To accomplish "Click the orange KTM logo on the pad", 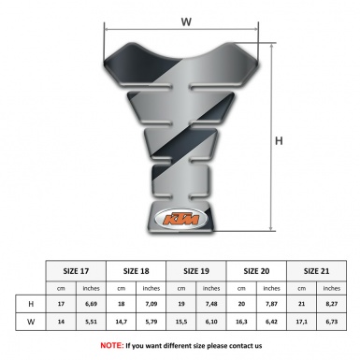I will (180, 222).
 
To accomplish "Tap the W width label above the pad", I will (186, 18).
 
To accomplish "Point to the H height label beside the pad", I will (279, 141).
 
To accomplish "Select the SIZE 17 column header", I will (76, 268).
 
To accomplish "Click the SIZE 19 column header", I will (196, 268).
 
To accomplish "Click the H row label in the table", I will (31, 305).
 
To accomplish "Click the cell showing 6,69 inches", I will (91, 305).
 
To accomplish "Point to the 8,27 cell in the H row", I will (331, 305).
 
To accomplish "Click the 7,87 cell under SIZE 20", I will (271, 305).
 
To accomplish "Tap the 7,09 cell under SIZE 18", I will (151, 305).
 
